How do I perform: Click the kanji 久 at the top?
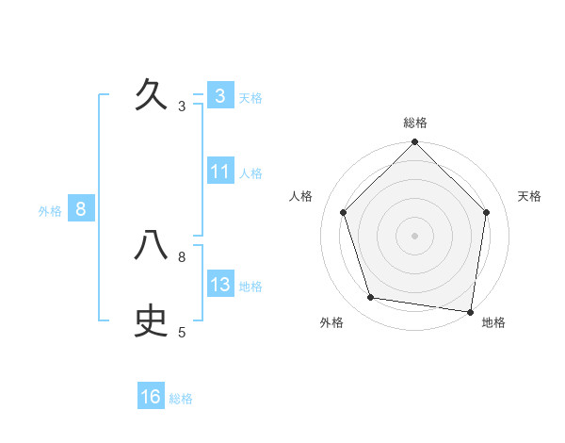pos(152,95)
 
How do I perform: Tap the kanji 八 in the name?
pos(152,245)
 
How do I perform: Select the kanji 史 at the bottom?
pos(152,320)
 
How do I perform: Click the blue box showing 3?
pos(219,96)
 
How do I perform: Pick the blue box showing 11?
pos(219,172)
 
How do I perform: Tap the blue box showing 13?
pos(219,285)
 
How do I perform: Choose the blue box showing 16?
pos(151,397)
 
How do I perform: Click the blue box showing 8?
pos(81,209)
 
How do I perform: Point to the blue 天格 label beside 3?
pos(250,97)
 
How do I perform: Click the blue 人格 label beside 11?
pos(250,172)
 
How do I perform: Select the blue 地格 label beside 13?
pos(250,286)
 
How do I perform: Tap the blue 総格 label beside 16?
pos(181,398)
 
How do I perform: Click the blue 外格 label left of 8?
pos(50,211)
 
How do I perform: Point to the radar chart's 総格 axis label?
pos(414,123)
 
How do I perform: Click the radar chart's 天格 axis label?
pos(530,196)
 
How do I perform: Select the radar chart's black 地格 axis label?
pos(493,322)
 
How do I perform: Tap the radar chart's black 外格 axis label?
pos(331,322)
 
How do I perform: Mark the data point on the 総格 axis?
pos(414,142)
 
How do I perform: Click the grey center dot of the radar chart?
pos(414,235)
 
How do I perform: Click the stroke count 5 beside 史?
pos(182,332)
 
